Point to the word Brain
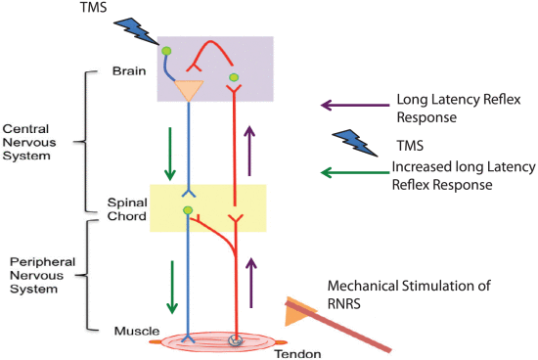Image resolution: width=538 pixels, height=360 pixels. point(131,70)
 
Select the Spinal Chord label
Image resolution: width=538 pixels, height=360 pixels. point(126,209)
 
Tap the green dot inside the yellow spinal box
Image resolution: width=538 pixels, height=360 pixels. point(188,210)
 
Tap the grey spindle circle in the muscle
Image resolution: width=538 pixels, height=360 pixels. point(236,340)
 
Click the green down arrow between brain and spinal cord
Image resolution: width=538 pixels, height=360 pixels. point(170,157)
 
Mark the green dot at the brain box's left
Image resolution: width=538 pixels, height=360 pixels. point(166,50)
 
